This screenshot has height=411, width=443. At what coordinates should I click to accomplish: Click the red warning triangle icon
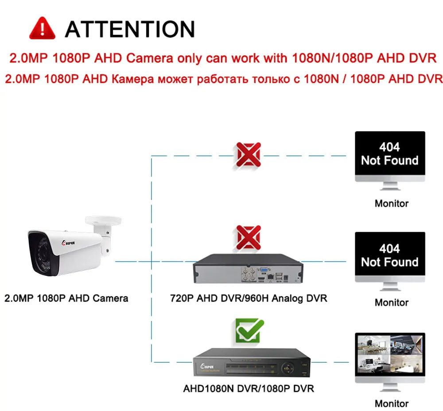click(x=42, y=28)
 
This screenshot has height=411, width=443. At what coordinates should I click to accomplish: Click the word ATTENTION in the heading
click(x=130, y=29)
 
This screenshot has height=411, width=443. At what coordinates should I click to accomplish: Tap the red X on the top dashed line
click(x=249, y=155)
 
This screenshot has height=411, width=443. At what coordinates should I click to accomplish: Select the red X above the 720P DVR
click(x=249, y=237)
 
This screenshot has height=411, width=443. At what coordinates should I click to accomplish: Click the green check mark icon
click(x=249, y=330)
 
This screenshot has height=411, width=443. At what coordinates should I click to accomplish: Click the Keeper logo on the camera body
click(x=68, y=243)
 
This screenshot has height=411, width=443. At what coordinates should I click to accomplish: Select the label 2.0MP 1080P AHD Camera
click(x=66, y=299)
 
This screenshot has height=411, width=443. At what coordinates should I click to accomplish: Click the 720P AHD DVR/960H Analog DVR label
click(x=249, y=299)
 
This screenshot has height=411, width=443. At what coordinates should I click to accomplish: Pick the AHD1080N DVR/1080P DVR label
click(x=249, y=389)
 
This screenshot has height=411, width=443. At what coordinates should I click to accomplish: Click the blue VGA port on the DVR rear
click(x=264, y=270)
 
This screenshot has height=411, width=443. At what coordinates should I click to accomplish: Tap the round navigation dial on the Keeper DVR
click(x=288, y=368)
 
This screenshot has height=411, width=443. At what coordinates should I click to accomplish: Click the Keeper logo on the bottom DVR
click(x=207, y=366)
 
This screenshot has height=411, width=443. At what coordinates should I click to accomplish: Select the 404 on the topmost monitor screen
click(x=389, y=147)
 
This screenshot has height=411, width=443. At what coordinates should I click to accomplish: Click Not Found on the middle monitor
click(x=390, y=262)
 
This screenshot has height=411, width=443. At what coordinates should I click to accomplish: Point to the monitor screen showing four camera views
click(x=390, y=354)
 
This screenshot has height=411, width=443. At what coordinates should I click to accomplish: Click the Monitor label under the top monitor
click(x=392, y=203)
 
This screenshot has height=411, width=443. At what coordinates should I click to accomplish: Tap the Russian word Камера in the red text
click(x=133, y=79)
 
